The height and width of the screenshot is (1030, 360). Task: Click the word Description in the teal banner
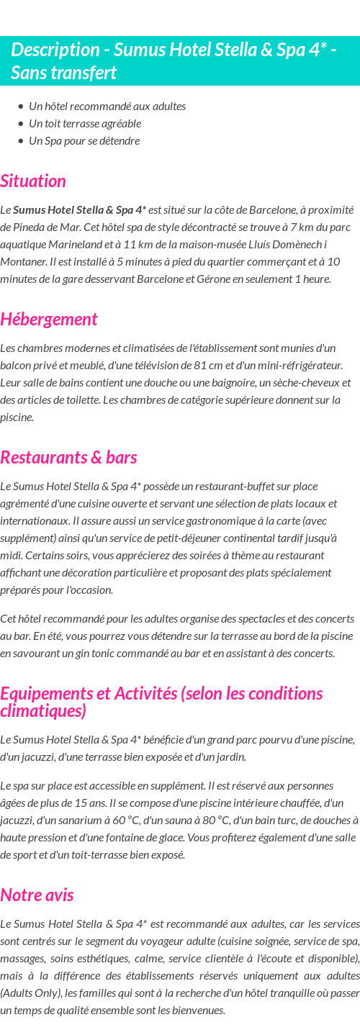point(55,50)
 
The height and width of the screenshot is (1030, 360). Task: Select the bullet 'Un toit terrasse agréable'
point(85,123)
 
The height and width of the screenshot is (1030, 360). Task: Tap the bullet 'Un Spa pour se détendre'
point(84,140)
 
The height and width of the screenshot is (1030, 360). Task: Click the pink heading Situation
point(33,181)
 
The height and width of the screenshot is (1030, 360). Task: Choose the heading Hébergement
point(49,319)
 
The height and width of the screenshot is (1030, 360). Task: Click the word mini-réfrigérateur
point(295,365)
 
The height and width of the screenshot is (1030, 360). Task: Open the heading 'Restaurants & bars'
point(68,457)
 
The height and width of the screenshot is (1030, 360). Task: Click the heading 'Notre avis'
point(37,895)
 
